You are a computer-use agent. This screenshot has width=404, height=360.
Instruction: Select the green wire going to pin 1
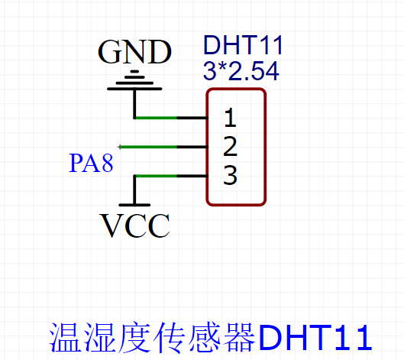tap(156, 118)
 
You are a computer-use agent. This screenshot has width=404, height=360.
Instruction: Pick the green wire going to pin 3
tap(156, 176)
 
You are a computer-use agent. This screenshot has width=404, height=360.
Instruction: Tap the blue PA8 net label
tap(92, 164)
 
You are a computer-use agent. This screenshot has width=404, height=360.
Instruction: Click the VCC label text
tap(135, 225)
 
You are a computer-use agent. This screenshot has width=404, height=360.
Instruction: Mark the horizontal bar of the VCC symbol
tap(135, 205)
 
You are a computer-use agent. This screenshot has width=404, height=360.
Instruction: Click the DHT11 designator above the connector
tap(243, 46)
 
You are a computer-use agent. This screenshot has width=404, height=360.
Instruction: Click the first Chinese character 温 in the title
tap(64, 337)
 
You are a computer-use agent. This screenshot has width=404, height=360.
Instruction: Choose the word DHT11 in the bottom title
tap(315, 337)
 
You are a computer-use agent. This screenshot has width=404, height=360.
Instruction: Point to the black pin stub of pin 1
tap(192, 118)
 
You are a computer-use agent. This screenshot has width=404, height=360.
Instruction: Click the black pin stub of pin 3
tap(192, 176)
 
